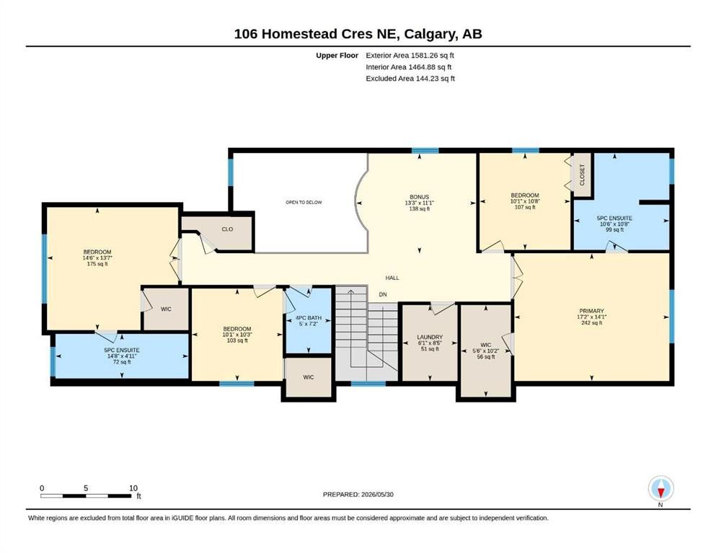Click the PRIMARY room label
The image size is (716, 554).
coord(591,311)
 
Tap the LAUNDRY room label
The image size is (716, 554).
coord(430,337)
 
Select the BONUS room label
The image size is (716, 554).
coord(419,198)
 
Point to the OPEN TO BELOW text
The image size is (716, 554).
coord(304,202)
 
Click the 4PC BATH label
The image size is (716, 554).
coord(308,318)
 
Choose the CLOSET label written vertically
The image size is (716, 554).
coord(582,175)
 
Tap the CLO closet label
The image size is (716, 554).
coord(227,229)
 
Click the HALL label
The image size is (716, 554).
coord(392,278)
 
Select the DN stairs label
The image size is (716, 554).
coord(383,294)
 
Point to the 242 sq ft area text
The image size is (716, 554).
coord(591,322)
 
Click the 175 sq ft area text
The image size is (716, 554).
coord(97,263)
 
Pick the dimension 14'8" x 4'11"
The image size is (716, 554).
coord(121,356)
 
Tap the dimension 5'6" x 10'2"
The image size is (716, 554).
coord(485,351)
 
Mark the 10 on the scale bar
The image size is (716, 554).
coord(133,488)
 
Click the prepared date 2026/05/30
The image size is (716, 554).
coord(377,494)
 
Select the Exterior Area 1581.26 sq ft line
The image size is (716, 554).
coord(410,56)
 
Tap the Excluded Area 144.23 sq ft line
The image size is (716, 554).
coord(410,78)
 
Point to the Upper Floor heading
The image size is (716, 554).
coord(337,56)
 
